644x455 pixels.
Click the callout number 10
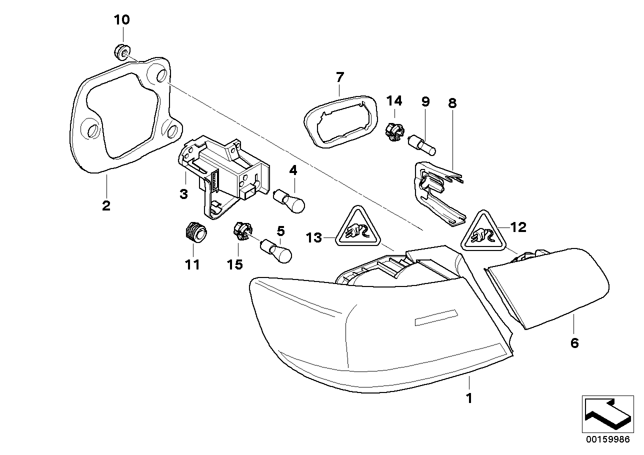121,20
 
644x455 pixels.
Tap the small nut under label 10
121,50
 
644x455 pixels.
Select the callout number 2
106,205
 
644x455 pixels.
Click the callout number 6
574,343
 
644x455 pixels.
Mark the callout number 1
469,398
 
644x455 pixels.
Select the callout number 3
183,194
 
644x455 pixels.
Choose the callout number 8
452,103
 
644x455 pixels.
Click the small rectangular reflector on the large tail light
435,317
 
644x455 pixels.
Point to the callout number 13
314,238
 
